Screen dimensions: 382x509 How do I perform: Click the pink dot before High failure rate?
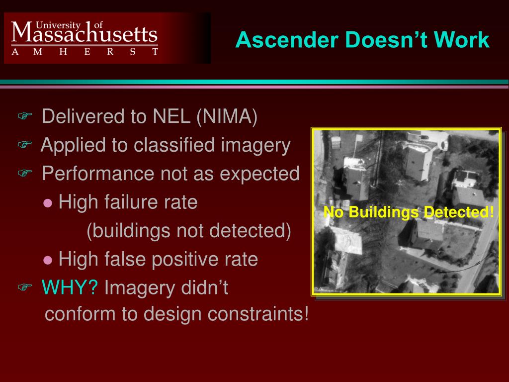pyautogui.click(x=48, y=203)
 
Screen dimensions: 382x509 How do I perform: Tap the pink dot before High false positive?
pyautogui.click(x=48, y=260)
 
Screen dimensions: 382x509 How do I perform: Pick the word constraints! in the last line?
pyautogui.click(x=258, y=314)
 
